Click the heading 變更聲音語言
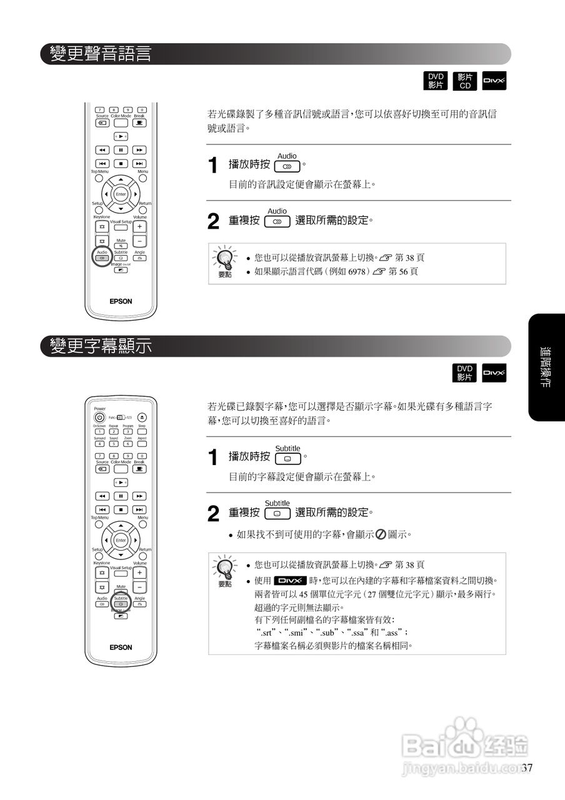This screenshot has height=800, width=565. click(101, 54)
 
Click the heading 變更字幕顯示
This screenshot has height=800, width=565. click(101, 346)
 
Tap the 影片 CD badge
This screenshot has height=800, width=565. click(464, 81)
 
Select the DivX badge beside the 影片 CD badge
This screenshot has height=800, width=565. click(494, 81)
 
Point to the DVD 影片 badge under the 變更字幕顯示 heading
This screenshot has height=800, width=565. click(464, 373)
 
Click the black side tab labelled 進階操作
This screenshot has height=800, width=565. click(546, 367)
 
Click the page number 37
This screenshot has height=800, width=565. click(527, 768)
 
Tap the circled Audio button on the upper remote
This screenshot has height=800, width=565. click(102, 257)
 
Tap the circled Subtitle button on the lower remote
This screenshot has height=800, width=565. click(121, 604)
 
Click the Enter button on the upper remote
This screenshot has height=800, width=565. click(121, 194)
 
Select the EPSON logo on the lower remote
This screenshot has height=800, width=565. click(121, 647)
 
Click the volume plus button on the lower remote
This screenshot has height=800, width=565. click(139, 572)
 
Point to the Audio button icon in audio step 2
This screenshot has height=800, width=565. click(277, 221)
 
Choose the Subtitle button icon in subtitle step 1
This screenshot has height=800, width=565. click(287, 458)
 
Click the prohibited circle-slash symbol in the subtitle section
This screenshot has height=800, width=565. click(381, 534)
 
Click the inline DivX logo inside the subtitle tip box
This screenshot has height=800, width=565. click(290, 579)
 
